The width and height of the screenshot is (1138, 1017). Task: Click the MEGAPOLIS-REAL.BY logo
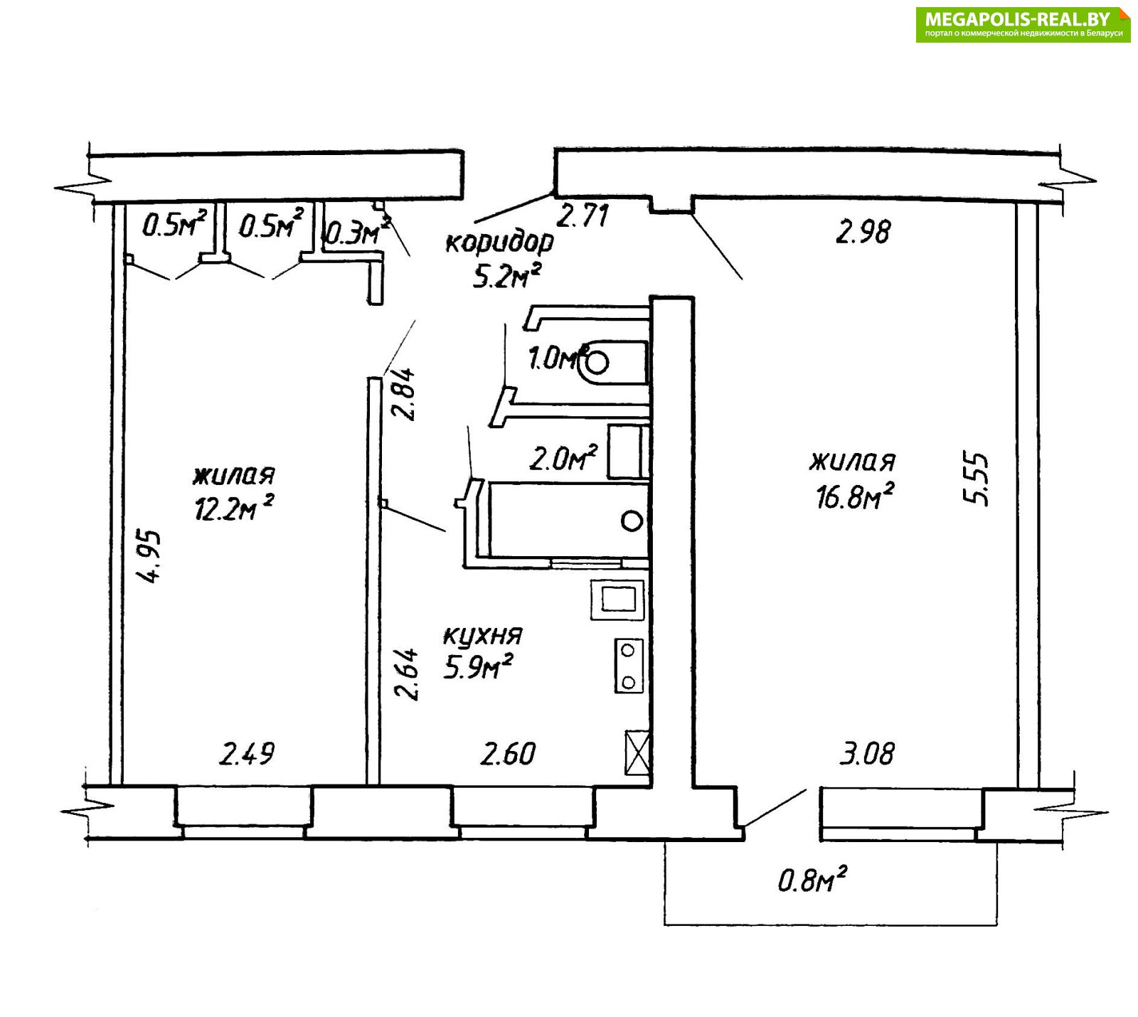1023,25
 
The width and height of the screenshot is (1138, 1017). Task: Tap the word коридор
499,243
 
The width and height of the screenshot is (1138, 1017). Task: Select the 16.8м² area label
854,496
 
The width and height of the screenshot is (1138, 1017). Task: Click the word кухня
483,635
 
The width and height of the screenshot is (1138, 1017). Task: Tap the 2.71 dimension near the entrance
583,215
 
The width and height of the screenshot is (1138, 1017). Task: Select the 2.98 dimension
863,232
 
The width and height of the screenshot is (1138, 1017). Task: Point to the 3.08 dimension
867,753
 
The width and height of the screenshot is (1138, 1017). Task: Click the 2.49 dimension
246,754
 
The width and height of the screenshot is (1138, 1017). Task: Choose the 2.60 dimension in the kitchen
508,754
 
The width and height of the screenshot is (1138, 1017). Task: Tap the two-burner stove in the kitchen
629,666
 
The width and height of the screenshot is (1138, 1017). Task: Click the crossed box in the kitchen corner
637,752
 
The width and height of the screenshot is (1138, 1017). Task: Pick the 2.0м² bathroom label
563,459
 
